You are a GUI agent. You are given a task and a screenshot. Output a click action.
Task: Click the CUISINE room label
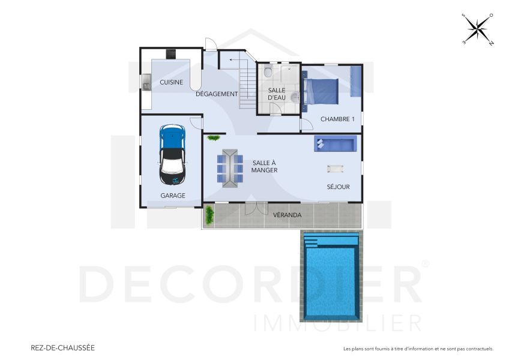pos(171,82)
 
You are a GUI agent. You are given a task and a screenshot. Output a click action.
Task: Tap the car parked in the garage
pos(172,154)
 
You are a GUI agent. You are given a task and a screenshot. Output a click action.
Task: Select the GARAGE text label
pos(172,196)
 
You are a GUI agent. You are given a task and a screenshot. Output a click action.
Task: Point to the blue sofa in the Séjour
pos(335,143)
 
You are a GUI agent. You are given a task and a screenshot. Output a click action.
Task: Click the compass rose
pos(477,29)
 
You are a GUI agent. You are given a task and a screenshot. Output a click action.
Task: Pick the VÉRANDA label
pos(287,215)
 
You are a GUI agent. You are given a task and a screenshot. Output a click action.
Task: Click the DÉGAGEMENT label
pos(217,94)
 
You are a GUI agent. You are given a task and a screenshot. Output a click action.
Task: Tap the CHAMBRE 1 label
pos(337,119)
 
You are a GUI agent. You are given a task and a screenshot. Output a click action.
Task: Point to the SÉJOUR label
pos(338,187)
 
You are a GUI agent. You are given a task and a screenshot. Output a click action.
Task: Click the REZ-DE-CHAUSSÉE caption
pos(62,347)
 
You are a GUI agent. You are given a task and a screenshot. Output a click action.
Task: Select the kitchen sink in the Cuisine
pos(146,82)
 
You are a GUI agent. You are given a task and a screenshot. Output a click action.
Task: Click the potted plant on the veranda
pos(209,215)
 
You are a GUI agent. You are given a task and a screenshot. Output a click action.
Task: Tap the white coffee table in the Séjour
pos(335,169)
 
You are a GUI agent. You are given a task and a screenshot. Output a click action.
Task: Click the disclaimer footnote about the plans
pos(418,349)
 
